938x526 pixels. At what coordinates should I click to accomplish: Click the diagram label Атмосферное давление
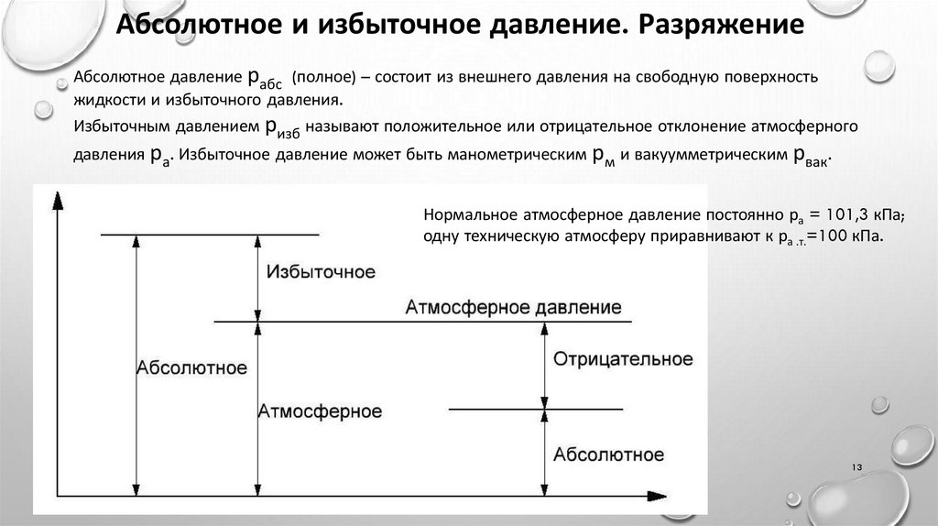[x=513, y=307]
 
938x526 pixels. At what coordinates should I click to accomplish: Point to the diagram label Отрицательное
[x=622, y=358]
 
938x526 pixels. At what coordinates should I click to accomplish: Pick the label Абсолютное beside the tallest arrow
[x=191, y=368]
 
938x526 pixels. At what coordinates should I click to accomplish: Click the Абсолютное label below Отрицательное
[x=609, y=455]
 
